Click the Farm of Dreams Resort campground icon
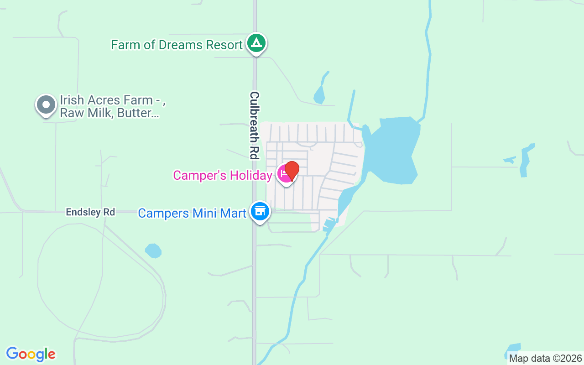(256, 43)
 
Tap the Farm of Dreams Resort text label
(177, 45)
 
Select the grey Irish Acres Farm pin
(46, 105)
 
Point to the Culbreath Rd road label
(254, 125)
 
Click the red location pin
(291, 171)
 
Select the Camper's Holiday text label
(223, 175)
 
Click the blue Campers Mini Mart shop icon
(260, 212)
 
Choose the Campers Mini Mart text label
(192, 213)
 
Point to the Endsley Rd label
(90, 212)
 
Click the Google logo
(31, 354)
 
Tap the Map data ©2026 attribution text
(546, 359)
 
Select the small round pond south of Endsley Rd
(153, 250)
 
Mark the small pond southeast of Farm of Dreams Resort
(319, 95)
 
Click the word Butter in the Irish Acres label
(138, 113)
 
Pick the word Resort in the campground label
(224, 45)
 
